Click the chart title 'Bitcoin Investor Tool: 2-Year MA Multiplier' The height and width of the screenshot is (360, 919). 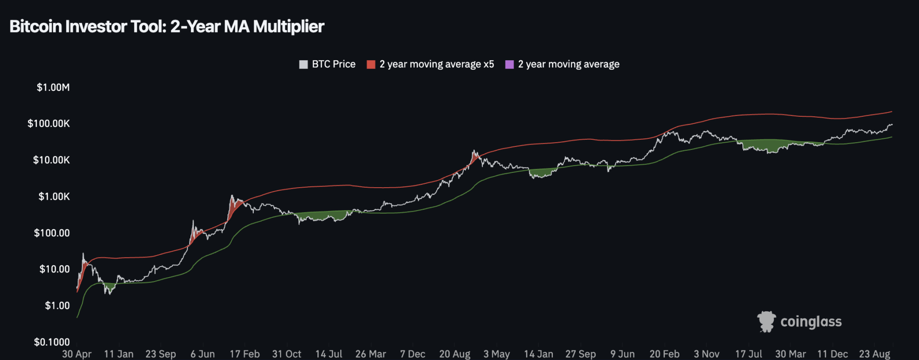click(167, 26)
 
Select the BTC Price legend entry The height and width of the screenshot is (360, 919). click(327, 64)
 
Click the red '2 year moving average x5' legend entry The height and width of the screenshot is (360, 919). click(430, 64)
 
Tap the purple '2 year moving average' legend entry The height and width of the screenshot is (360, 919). click(562, 64)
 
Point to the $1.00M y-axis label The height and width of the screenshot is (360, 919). click(53, 87)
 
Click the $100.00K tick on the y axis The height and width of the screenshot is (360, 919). click(48, 124)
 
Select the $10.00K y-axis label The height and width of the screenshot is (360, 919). click(51, 160)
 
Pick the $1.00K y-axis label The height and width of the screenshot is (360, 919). click(54, 196)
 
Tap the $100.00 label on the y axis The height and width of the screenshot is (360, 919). click(52, 233)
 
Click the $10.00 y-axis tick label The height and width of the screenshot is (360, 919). click(55, 269)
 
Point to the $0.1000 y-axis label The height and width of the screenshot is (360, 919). click(52, 342)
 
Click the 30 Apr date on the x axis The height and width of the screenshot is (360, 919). click(77, 354)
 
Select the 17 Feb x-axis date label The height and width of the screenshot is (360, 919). click(245, 354)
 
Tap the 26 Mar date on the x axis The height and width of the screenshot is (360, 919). click(370, 354)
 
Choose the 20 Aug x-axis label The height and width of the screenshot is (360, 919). click(455, 354)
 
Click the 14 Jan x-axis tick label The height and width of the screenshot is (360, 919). click(538, 354)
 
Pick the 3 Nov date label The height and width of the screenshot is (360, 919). click(706, 354)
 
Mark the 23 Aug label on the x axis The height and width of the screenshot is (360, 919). click(874, 354)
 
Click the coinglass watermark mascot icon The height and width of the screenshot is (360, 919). click(766, 322)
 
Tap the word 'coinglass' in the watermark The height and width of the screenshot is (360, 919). click(811, 322)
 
